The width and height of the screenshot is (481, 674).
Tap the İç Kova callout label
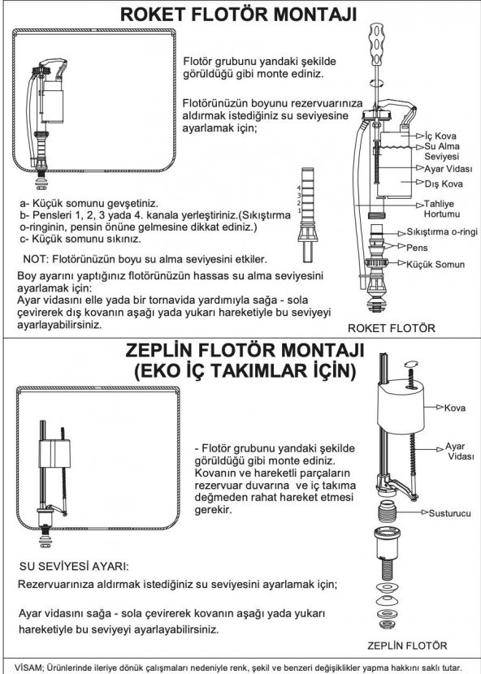point(439,135)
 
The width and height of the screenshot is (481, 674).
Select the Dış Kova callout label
point(442,184)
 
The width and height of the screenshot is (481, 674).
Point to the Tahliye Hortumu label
point(443,209)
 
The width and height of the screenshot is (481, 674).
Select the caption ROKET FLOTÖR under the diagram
point(391,328)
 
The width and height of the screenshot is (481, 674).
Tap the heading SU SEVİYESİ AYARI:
point(74,565)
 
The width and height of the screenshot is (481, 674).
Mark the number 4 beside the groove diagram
point(299,188)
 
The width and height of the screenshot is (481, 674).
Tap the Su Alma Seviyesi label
point(442,151)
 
